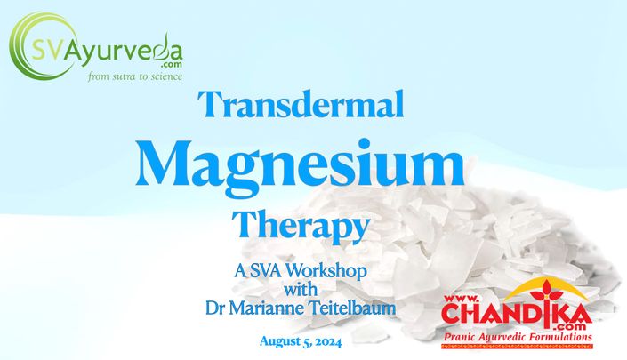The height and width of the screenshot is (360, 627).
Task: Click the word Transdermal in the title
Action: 302,104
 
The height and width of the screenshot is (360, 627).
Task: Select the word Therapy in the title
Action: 300,226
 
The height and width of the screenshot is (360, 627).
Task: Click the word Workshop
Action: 327,271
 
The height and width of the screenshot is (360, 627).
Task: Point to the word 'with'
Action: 301,289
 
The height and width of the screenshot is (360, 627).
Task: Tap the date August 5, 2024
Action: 301,341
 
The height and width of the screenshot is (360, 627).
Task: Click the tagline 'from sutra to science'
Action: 135,76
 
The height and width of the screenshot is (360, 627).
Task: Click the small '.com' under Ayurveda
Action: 172,64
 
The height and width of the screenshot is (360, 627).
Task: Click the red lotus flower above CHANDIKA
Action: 545,292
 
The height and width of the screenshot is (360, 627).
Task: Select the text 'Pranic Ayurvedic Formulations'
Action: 518,337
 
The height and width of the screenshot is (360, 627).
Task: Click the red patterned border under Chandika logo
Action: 517,346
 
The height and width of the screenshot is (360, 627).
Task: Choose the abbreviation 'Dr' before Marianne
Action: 215,308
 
